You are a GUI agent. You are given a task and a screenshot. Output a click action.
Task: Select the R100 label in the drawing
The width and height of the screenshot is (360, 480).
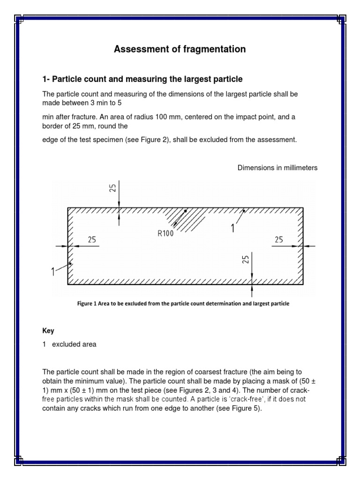click(165, 234)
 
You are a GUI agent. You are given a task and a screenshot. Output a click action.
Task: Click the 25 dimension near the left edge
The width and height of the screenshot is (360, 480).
click(91, 240)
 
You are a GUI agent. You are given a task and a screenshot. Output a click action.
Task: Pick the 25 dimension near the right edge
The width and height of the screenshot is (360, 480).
click(279, 240)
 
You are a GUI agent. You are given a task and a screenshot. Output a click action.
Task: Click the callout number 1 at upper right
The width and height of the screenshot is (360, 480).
click(233, 228)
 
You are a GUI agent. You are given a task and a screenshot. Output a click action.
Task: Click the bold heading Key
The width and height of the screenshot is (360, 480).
click(48, 330)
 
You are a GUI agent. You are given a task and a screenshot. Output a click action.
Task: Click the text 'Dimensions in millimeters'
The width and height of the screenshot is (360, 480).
click(277, 168)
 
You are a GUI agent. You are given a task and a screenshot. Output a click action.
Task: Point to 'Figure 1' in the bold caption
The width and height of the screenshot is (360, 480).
click(87, 304)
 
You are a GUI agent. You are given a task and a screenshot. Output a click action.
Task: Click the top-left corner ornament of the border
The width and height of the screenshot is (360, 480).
click(19, 19)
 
